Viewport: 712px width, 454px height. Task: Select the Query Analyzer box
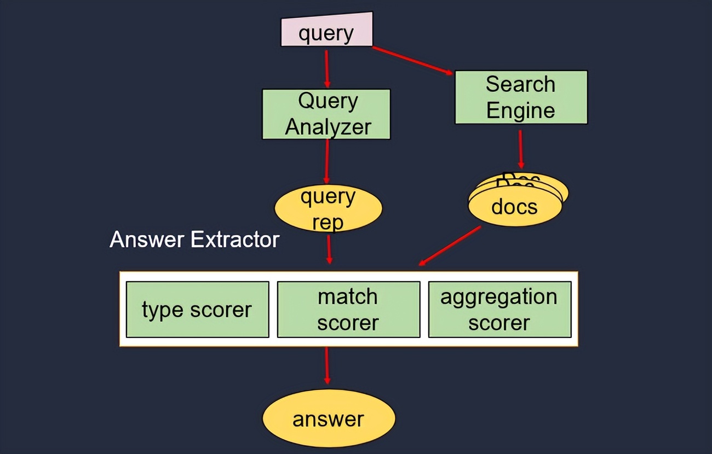pyautogui.click(x=326, y=114)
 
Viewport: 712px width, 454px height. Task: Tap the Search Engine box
pyautogui.click(x=521, y=97)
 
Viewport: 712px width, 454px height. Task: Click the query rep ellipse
pyautogui.click(x=328, y=209)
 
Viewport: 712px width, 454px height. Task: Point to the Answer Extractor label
pyautogui.click(x=194, y=240)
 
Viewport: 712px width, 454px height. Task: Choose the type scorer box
pyautogui.click(x=197, y=310)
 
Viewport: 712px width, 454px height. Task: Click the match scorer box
pyautogui.click(x=348, y=310)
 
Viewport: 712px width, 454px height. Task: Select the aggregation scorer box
pyautogui.click(x=499, y=310)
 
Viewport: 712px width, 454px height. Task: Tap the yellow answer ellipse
pyautogui.click(x=329, y=419)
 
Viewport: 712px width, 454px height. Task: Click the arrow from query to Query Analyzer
pyautogui.click(x=327, y=68)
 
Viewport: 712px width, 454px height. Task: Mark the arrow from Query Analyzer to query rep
pyautogui.click(x=327, y=161)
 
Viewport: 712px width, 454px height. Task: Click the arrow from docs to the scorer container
pyautogui.click(x=449, y=246)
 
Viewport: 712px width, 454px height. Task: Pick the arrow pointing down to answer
pyautogui.click(x=327, y=365)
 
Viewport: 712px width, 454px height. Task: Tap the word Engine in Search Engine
pyautogui.click(x=521, y=110)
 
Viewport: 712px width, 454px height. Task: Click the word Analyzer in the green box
pyautogui.click(x=328, y=127)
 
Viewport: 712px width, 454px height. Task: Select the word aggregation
pyautogui.click(x=499, y=297)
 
